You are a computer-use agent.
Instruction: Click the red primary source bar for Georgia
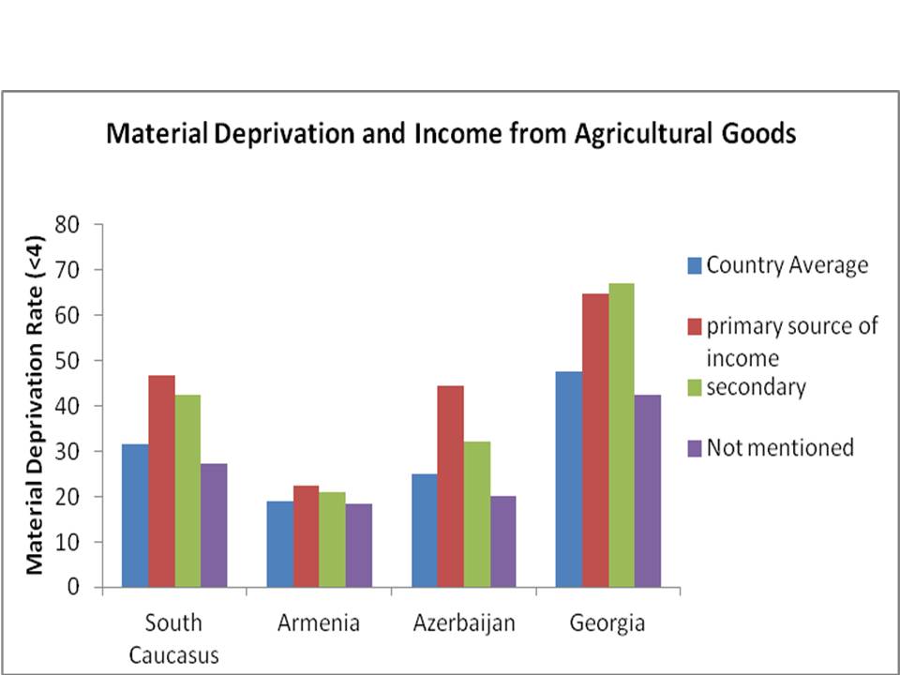(x=595, y=441)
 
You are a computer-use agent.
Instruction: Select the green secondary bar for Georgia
(x=622, y=435)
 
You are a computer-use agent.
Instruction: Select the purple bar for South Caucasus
(x=214, y=525)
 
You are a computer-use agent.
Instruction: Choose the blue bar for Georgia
(x=568, y=479)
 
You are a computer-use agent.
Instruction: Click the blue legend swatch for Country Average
(x=694, y=265)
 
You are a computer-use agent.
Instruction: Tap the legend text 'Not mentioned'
(x=780, y=447)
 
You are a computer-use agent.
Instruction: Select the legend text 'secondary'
(x=756, y=387)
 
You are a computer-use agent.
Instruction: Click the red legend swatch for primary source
(x=694, y=326)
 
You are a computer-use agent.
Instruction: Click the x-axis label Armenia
(x=318, y=623)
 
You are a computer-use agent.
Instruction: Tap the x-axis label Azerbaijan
(x=464, y=623)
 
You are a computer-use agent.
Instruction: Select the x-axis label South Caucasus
(x=173, y=638)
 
